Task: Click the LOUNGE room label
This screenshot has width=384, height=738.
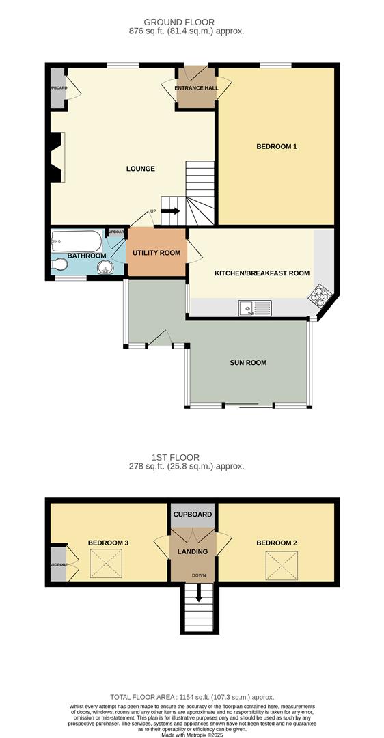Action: (140, 169)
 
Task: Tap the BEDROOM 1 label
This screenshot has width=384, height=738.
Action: (276, 146)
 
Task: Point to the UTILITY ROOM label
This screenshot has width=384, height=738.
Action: (156, 253)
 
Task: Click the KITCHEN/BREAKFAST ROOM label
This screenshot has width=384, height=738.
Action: (262, 273)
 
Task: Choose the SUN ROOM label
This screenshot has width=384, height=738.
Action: (248, 363)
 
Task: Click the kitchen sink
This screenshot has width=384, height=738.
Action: (254, 309)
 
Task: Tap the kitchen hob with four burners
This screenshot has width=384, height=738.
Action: (321, 295)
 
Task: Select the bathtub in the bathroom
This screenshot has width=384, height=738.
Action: (76, 241)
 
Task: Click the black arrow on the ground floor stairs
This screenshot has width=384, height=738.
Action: (170, 210)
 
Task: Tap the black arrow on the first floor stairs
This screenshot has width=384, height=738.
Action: (200, 596)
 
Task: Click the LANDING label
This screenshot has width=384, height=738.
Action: (193, 551)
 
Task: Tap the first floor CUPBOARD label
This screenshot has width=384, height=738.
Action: (193, 515)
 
